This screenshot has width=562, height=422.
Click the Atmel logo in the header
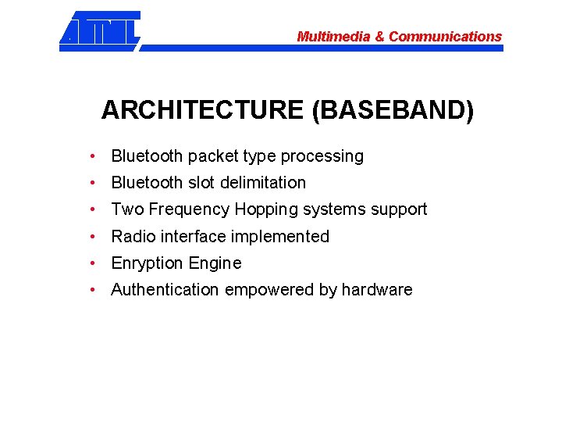pyautogui.click(x=100, y=30)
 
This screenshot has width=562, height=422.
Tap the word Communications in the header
pyautogui.click(x=445, y=37)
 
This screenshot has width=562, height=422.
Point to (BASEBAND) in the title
pyautogui.click(x=393, y=110)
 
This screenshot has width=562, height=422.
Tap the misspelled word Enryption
pyautogui.click(x=147, y=263)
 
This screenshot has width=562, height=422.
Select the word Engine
pyautogui.click(x=215, y=263)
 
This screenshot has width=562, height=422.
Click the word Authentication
pyautogui.click(x=165, y=290)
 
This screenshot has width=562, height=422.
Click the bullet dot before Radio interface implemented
pyautogui.click(x=93, y=236)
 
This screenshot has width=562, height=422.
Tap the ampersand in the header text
pyautogui.click(x=379, y=37)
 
